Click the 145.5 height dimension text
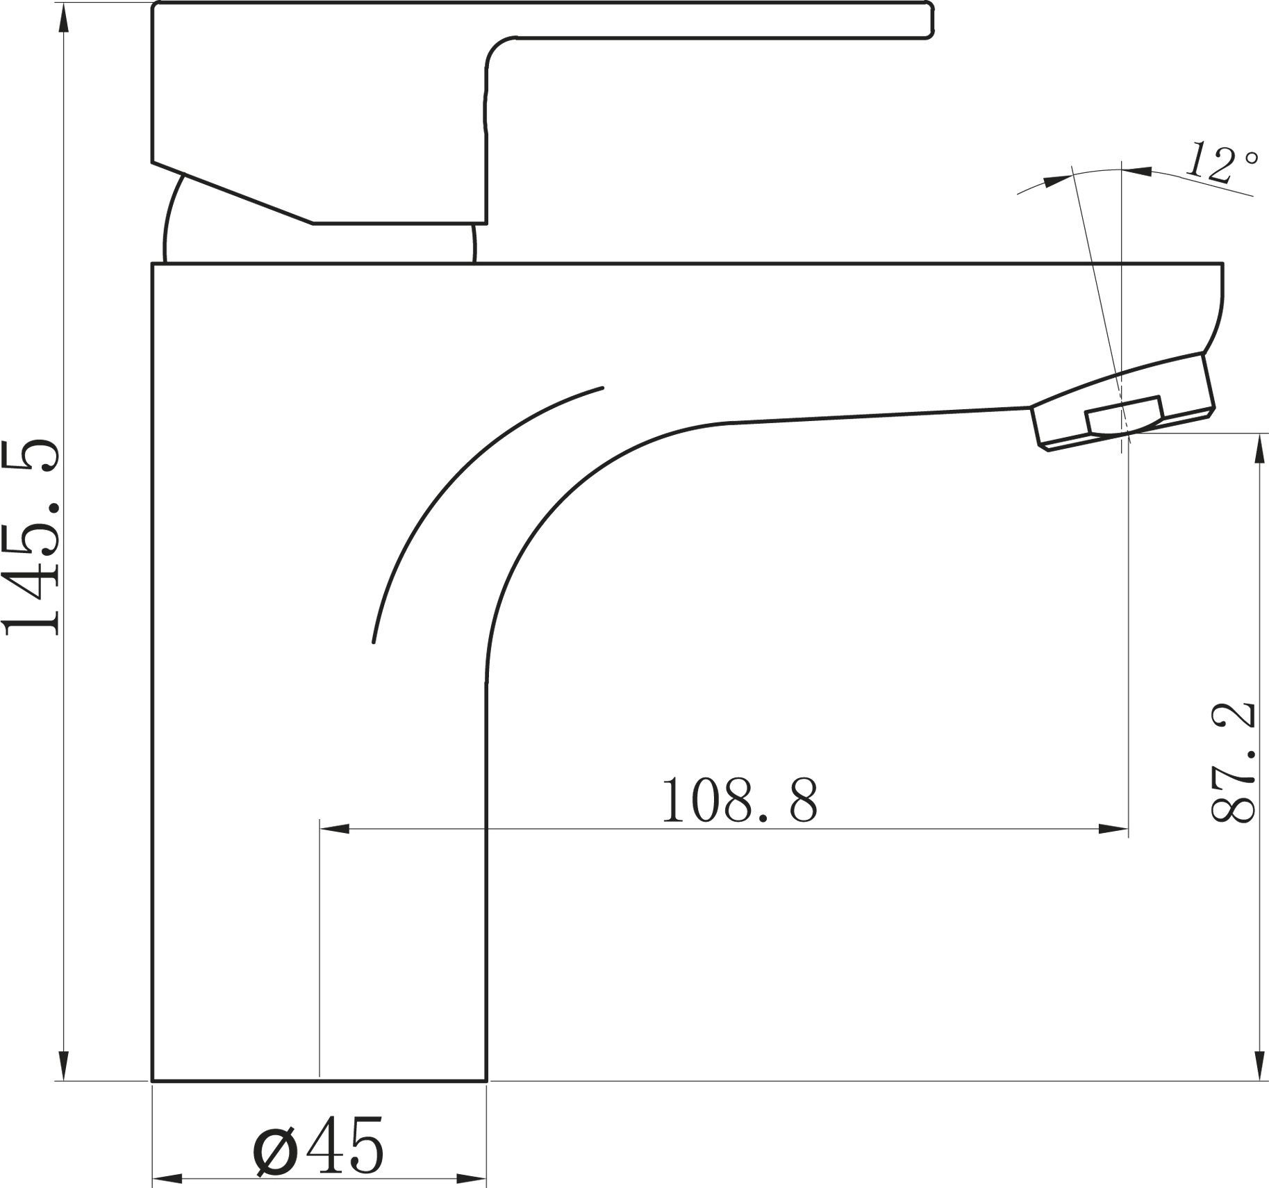33,538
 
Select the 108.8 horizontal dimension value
739,800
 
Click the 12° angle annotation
1221,163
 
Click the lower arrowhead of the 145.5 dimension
64,1063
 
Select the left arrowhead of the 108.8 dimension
335,828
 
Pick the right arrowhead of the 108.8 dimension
1112,828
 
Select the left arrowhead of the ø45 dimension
167,1179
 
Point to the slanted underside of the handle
233,194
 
